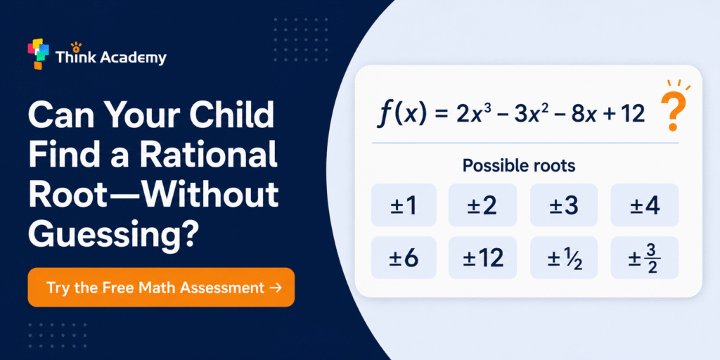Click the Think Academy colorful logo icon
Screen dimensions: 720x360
click(38, 53)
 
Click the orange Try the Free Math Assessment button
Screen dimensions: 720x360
click(161, 288)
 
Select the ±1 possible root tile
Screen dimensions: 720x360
click(404, 205)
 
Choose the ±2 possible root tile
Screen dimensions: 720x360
click(482, 205)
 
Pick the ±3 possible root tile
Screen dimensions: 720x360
click(564, 205)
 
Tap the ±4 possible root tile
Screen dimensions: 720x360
click(645, 205)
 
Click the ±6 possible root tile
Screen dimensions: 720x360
click(404, 257)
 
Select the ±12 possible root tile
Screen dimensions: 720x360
click(482, 257)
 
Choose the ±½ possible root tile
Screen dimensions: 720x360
click(564, 257)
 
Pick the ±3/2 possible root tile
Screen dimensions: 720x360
click(645, 257)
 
